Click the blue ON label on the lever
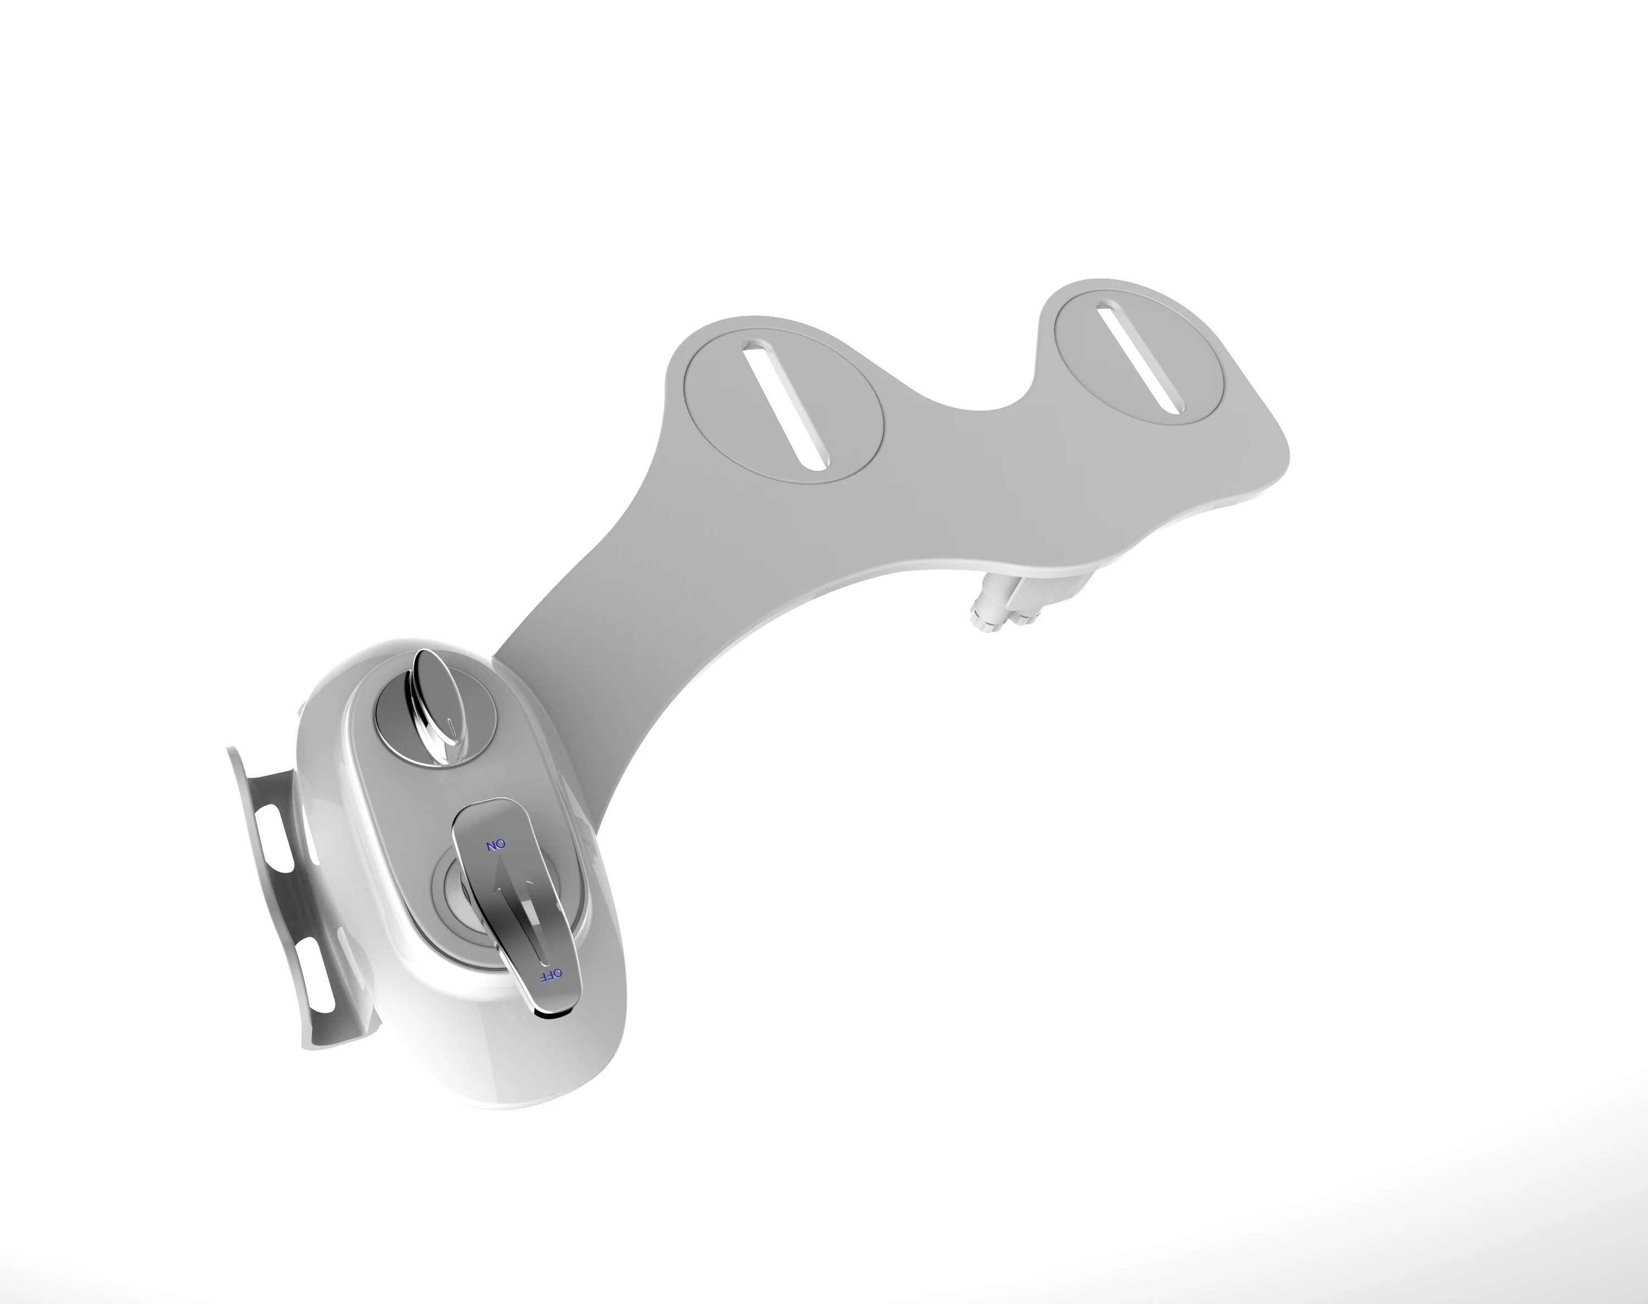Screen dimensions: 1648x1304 tap(496, 845)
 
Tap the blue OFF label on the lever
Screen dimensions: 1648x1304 tap(551, 974)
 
